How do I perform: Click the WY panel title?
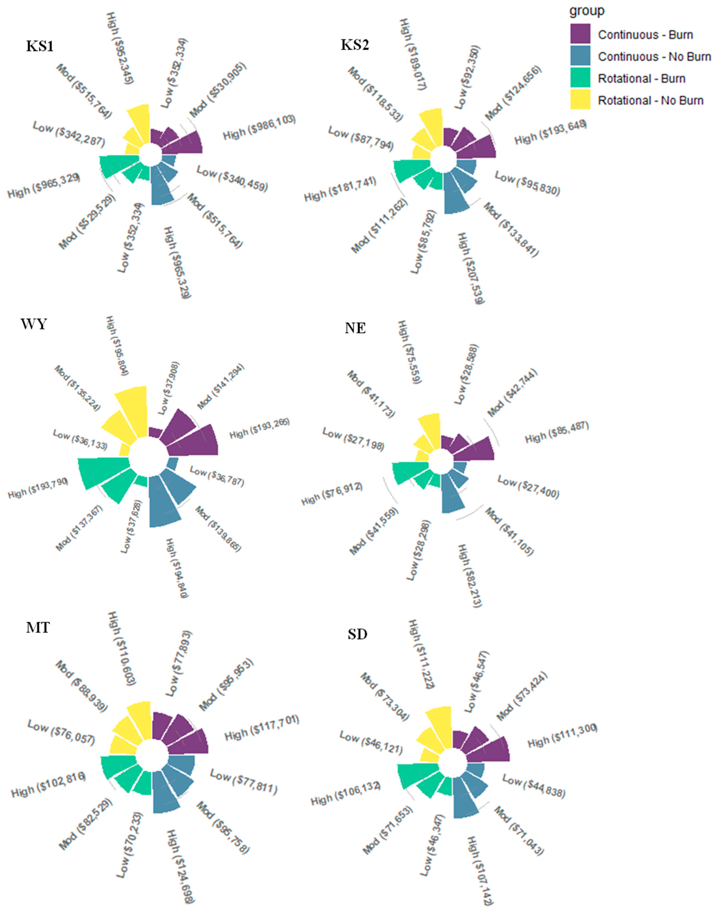[x=34, y=324]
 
